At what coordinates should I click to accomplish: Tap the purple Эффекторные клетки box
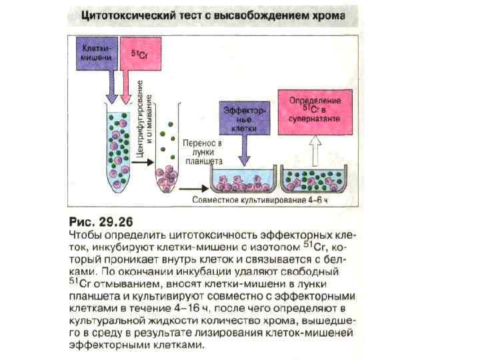point(245,117)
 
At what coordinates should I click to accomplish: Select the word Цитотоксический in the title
point(128,15)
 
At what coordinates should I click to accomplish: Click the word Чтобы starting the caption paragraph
point(87,235)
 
